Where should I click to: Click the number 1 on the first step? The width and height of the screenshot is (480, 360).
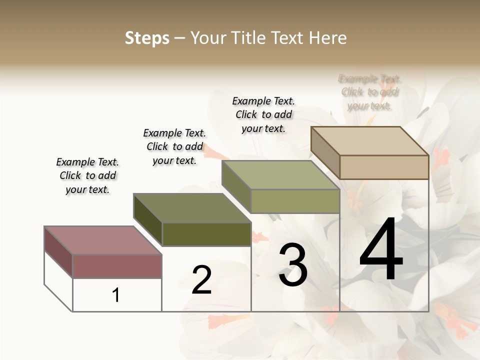tap(116, 295)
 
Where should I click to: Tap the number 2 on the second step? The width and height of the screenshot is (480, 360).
tap(201, 280)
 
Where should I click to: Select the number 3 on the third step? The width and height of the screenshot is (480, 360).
tap(293, 265)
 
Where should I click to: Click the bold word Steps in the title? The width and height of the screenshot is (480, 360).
tap(147, 38)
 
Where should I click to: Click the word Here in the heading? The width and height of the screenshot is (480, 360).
tap(329, 38)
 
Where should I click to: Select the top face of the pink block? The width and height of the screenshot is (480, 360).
tap(103, 240)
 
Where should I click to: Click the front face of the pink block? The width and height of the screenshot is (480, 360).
tap(117, 266)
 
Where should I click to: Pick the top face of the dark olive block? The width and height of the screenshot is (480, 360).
tap(192, 207)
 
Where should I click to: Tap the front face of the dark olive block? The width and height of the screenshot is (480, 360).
tap(206, 234)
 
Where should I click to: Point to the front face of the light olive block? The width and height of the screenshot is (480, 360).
tap(295, 201)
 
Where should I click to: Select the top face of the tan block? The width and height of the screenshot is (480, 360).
tap(369, 140)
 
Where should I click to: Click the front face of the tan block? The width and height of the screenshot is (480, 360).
tap(384, 167)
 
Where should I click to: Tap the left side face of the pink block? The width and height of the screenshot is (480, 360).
tap(58, 251)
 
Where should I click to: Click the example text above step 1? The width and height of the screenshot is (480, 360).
tap(87, 175)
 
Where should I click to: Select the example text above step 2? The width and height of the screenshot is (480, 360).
tap(174, 146)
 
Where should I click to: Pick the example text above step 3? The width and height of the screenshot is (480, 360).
tap(263, 114)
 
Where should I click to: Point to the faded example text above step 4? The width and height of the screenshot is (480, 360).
tap(369, 92)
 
